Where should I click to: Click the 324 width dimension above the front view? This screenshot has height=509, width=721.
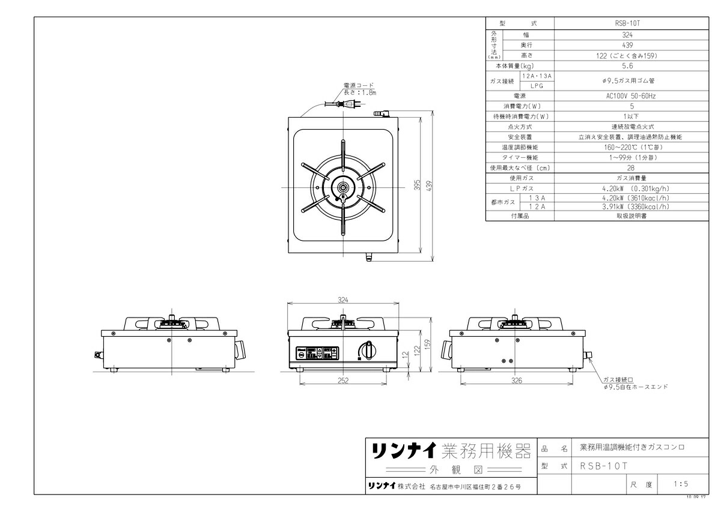click(344, 298)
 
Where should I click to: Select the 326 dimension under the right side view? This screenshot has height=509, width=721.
click(517, 380)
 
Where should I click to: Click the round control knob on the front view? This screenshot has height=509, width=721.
click(368, 350)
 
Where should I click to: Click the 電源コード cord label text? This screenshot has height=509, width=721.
click(359, 86)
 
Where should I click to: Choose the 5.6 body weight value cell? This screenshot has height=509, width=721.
click(628, 66)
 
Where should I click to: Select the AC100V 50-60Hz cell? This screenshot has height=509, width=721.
click(628, 95)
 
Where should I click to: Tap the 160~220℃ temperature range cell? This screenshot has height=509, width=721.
click(628, 147)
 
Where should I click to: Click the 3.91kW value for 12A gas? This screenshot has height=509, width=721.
click(628, 206)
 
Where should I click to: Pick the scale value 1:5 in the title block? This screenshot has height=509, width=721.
click(681, 483)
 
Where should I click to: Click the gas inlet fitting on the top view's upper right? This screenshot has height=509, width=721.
click(381, 113)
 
